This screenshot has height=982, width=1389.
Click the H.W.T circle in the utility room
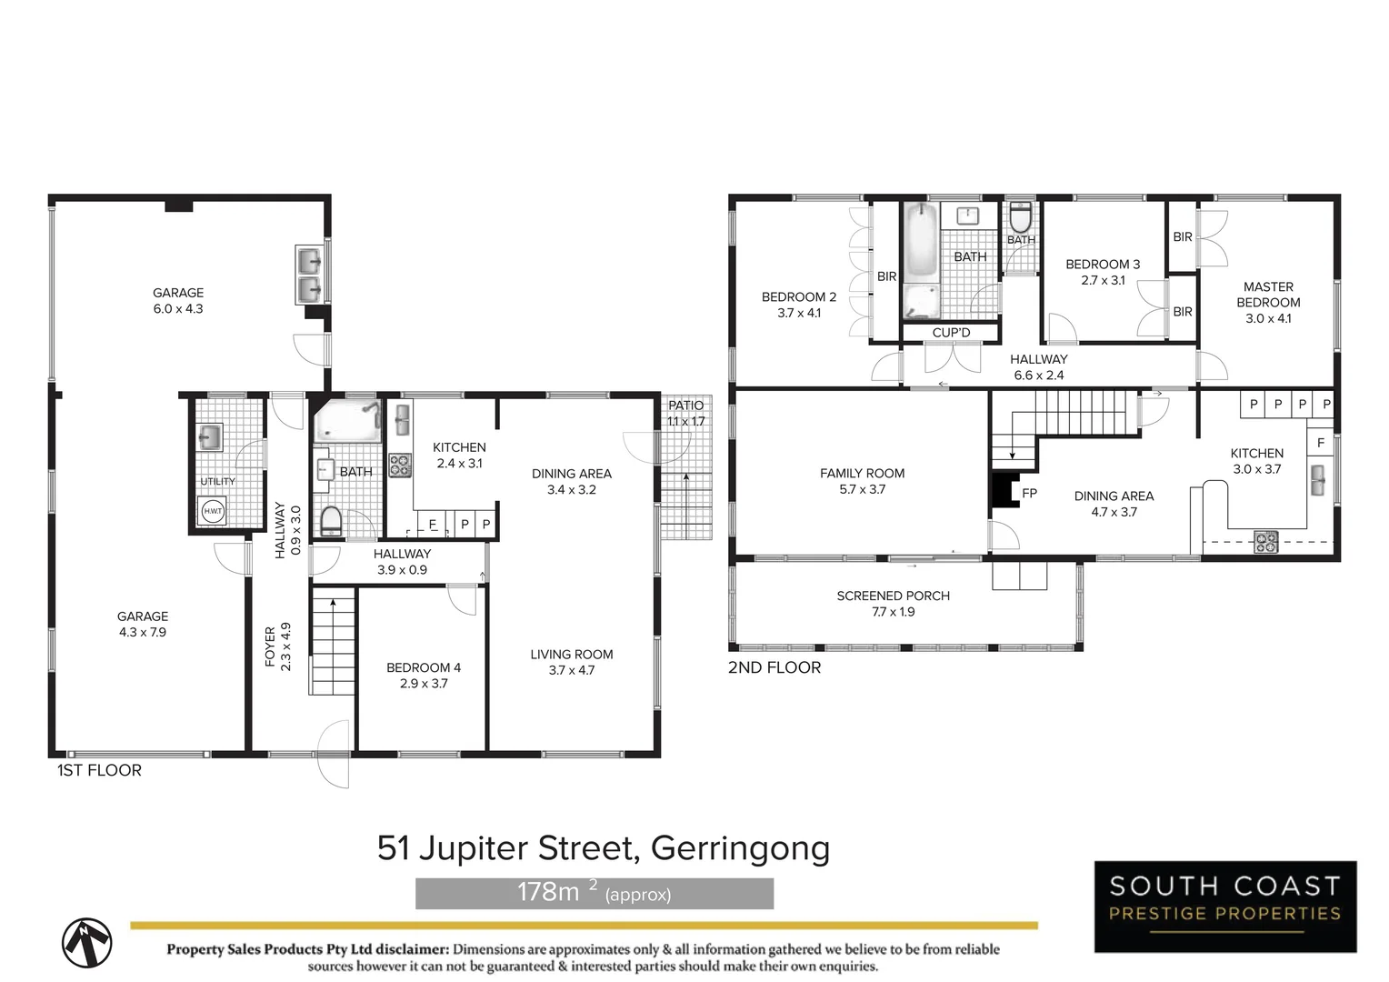[213, 511]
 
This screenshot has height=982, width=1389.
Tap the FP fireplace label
[1029, 494]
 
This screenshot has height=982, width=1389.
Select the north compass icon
[87, 942]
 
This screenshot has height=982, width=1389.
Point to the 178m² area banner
[595, 893]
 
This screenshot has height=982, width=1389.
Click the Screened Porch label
[893, 596]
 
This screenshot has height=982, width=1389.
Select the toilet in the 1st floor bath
[331, 522]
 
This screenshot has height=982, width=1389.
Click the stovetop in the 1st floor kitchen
[400, 466]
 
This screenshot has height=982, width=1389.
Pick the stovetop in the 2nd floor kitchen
[1266, 542]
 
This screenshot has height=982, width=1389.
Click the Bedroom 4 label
[424, 667]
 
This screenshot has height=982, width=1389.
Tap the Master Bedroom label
[1268, 295]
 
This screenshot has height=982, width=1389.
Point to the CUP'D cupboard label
[951, 333]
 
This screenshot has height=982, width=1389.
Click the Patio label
[685, 406]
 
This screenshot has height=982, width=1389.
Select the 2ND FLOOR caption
[774, 667]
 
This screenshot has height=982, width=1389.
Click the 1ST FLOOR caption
[99, 770]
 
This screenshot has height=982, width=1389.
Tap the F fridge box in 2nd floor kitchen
[1321, 443]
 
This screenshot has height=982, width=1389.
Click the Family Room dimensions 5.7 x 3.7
[862, 489]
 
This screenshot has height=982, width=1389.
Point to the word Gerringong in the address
[740, 847]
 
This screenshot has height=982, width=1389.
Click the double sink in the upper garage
[310, 276]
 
